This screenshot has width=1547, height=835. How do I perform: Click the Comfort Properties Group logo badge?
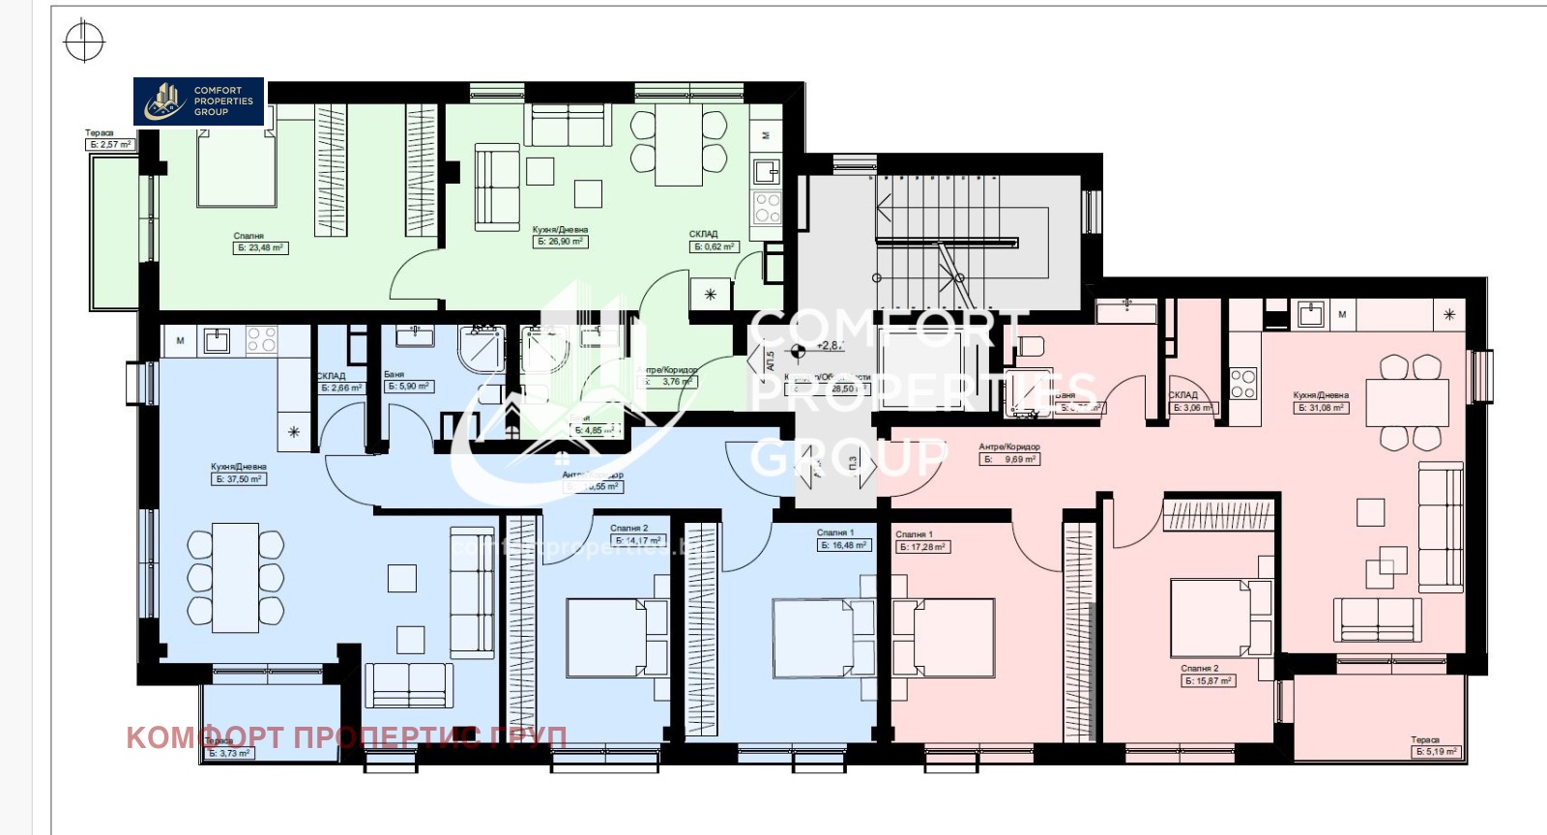tap(198, 101)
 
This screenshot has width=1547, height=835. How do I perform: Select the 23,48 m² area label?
tap(261, 248)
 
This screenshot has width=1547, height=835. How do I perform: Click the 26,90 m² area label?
tap(561, 242)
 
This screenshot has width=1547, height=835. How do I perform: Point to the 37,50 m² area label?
tap(239, 479)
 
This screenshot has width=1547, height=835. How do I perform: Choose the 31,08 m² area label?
tap(1321, 408)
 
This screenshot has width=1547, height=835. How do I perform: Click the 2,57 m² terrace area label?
tap(110, 145)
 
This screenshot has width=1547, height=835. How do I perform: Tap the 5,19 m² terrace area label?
tap(1436, 752)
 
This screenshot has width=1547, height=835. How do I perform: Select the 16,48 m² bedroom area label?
tap(844, 545)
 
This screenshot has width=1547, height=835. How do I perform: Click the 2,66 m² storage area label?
tap(341, 389)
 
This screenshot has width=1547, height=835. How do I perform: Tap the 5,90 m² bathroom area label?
tap(409, 387)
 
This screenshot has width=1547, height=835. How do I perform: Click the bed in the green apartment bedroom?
tap(237, 169)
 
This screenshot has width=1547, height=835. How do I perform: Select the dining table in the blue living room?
tap(235, 577)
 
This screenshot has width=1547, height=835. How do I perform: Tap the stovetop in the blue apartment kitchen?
tap(262, 340)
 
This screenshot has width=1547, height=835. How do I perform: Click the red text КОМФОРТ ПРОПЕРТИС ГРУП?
tap(346, 737)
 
